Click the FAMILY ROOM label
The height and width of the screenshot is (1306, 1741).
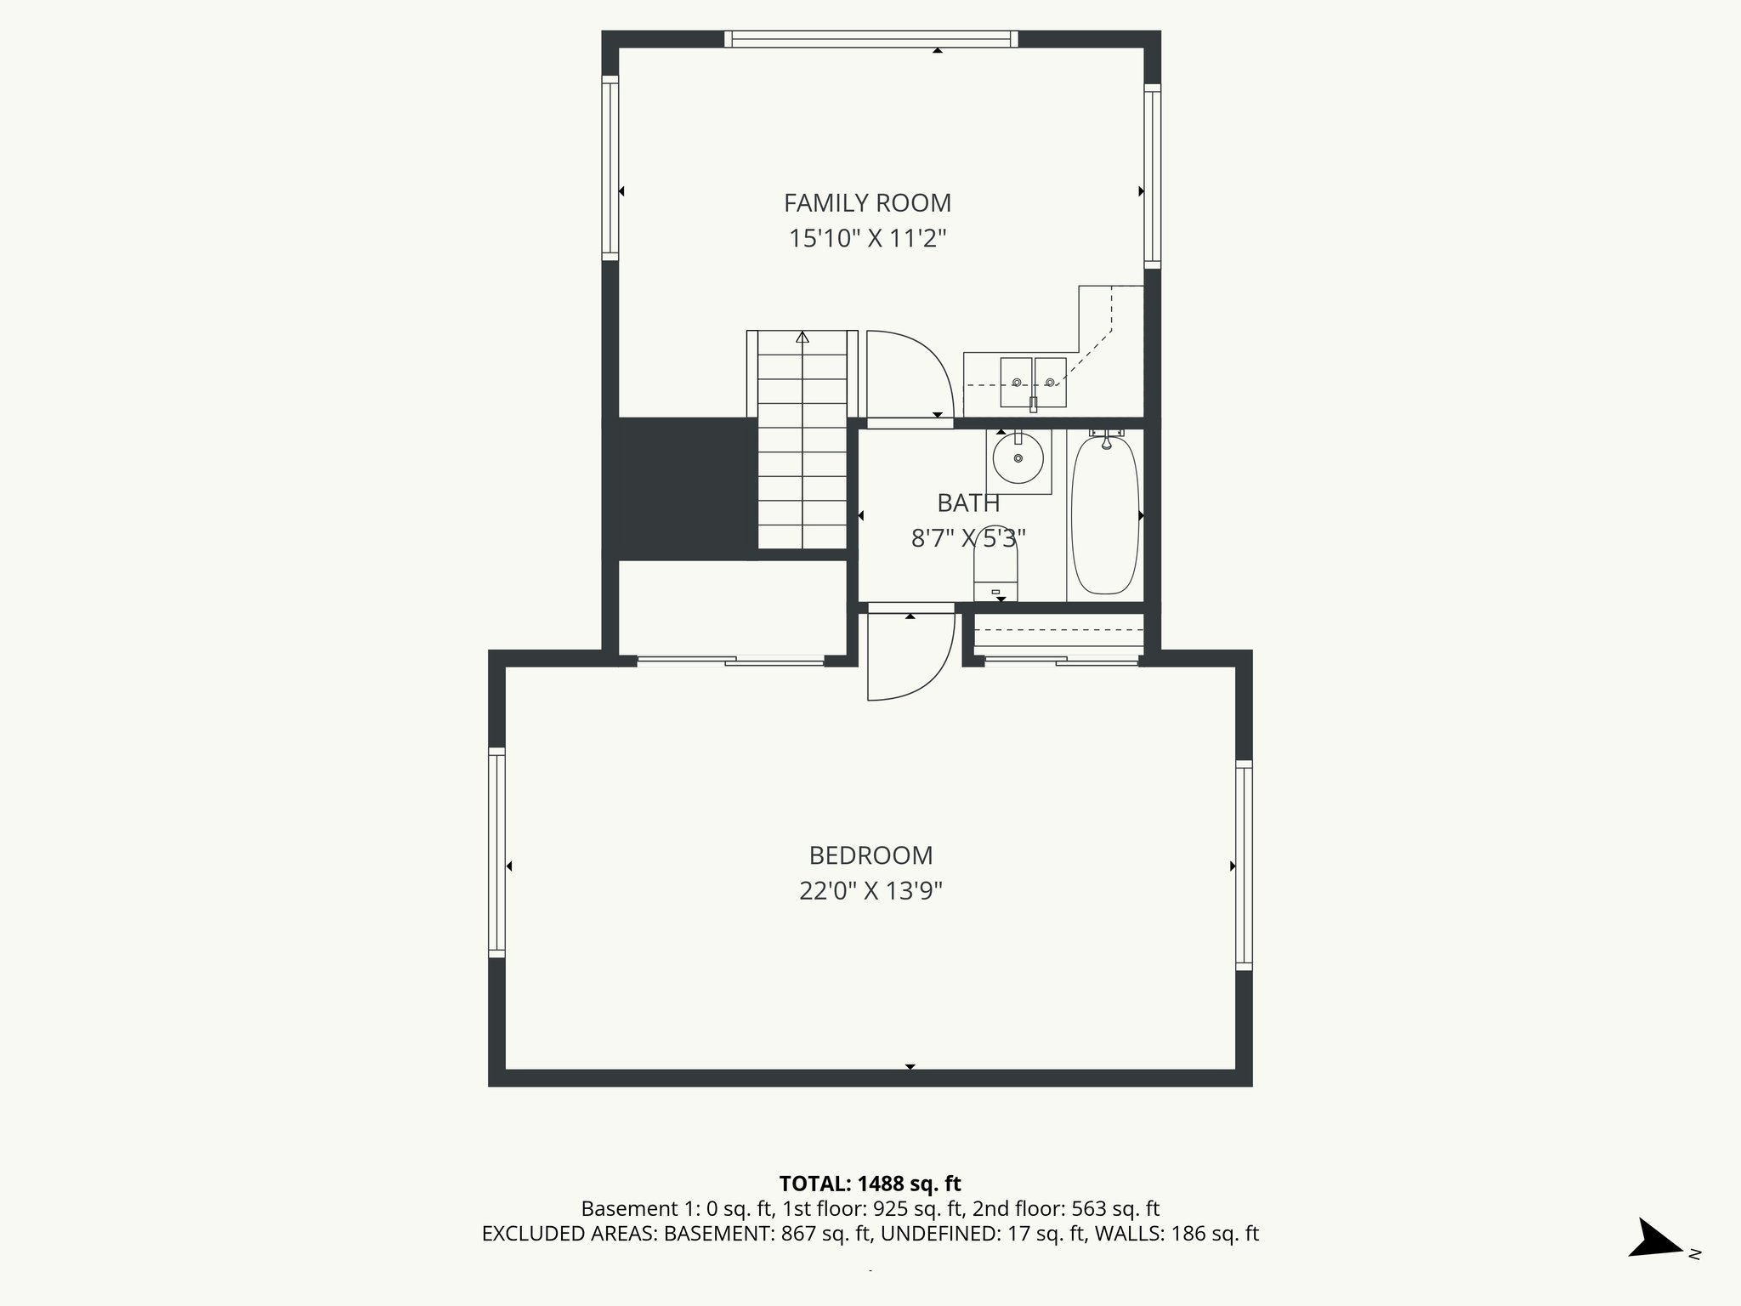(x=867, y=203)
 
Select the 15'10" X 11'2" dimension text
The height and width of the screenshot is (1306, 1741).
(x=867, y=239)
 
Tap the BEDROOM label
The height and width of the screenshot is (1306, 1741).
(x=870, y=855)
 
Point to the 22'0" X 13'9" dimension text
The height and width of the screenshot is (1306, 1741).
(x=870, y=891)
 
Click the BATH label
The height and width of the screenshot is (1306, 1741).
(x=968, y=503)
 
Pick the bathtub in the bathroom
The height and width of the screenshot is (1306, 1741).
(x=1104, y=515)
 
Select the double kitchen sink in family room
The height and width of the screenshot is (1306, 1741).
(x=1033, y=383)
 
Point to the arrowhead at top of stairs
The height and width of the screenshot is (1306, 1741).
(x=802, y=338)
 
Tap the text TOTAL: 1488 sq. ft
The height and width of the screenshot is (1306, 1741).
(x=870, y=1184)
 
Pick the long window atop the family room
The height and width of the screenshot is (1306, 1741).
(x=871, y=38)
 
